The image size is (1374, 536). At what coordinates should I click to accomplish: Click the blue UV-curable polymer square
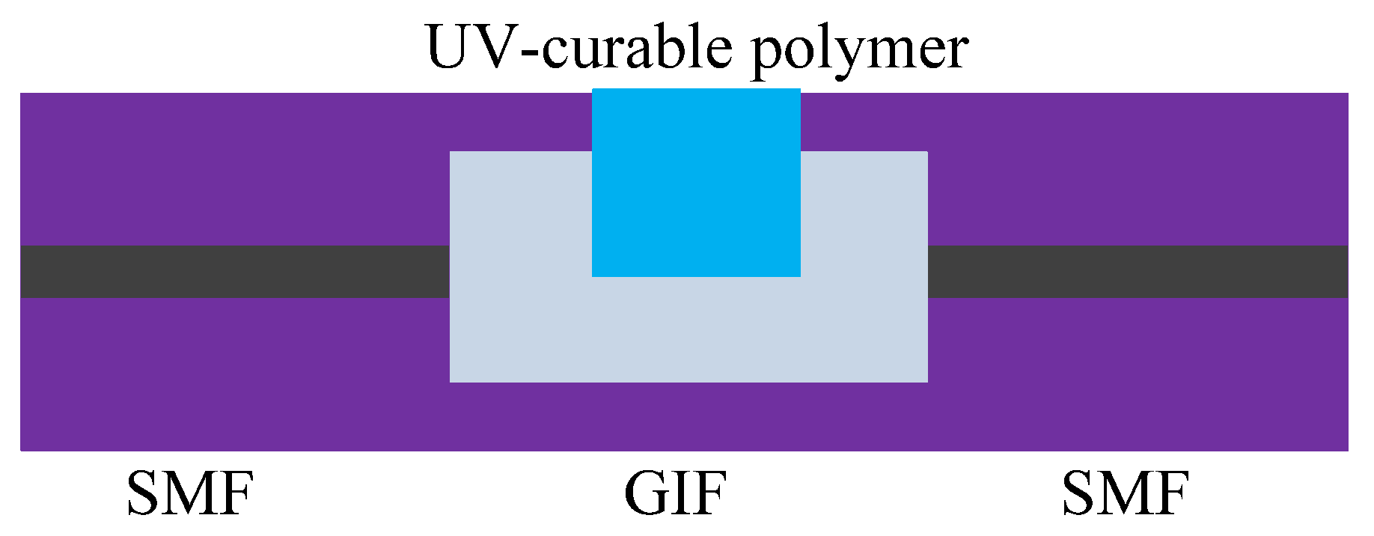coord(696,183)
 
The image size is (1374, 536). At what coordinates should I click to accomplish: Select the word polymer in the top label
coord(860,49)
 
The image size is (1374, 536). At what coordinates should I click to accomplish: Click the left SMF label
coord(190,494)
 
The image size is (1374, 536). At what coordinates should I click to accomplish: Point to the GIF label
coord(675,494)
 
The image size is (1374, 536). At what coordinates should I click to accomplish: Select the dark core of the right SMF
coord(1138,272)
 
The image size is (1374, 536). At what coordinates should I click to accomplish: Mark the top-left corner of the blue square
coord(593,90)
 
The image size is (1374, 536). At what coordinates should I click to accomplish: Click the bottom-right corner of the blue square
coord(800,276)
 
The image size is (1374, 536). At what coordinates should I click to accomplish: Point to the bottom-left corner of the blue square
coord(593,276)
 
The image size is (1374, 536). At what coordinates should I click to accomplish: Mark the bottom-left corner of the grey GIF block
coord(451,382)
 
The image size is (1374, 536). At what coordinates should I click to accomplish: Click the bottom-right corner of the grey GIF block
coord(927,382)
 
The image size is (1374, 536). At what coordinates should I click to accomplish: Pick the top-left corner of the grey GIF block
coord(451,152)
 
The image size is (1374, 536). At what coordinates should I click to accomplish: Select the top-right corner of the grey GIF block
coord(927,152)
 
